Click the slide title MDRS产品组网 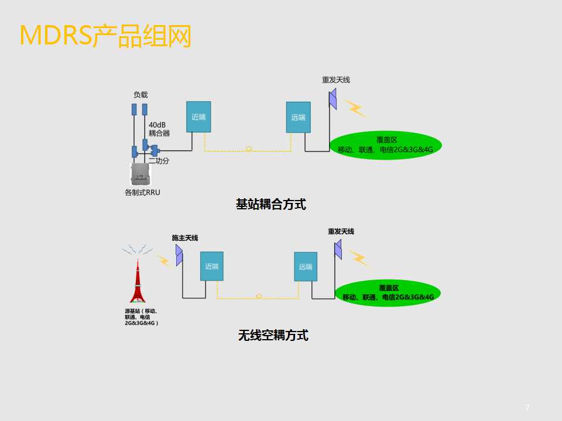tap(106, 36)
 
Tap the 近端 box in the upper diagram tap(198, 116)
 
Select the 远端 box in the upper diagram tap(298, 117)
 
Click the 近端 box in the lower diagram tap(211, 266)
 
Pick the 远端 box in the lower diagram tap(306, 267)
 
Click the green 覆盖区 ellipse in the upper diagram tap(385, 144)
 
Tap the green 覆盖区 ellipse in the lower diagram tap(388, 293)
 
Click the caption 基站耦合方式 tap(270, 205)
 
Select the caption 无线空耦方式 tap(273, 335)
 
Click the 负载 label tap(140, 95)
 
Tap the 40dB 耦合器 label tap(159, 129)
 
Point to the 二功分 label tap(159, 161)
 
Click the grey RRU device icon tap(140, 175)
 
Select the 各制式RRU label tap(142, 192)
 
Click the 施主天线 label tap(184, 237)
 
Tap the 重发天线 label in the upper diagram tap(335, 80)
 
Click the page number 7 tap(527, 408)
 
